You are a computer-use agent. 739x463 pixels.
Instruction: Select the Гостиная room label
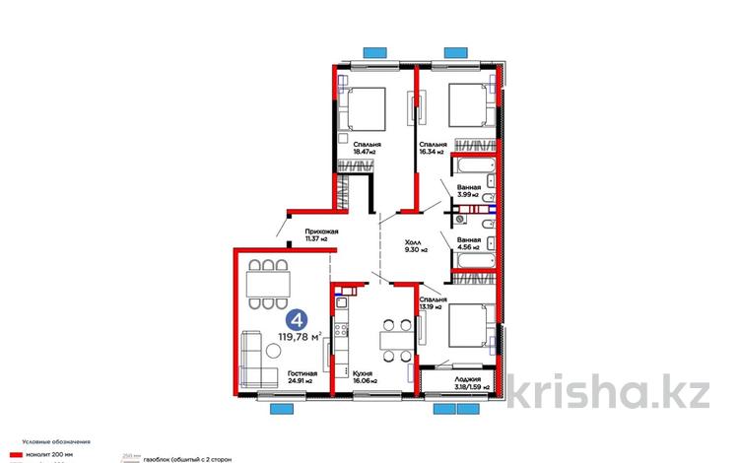pyautogui.click(x=302, y=374)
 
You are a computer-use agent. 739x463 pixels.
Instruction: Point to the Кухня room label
pyautogui.click(x=363, y=374)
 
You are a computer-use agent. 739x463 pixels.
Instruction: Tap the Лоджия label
pyautogui.click(x=468, y=379)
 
